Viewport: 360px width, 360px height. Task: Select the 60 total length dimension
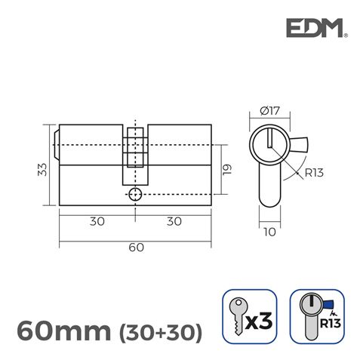[x=136, y=248]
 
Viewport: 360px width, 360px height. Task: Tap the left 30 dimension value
[x=97, y=223]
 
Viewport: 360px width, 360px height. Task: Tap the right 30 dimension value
[x=174, y=223]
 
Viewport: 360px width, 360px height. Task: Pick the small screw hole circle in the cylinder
[x=135, y=194]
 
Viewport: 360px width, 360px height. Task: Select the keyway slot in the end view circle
[x=269, y=139]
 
